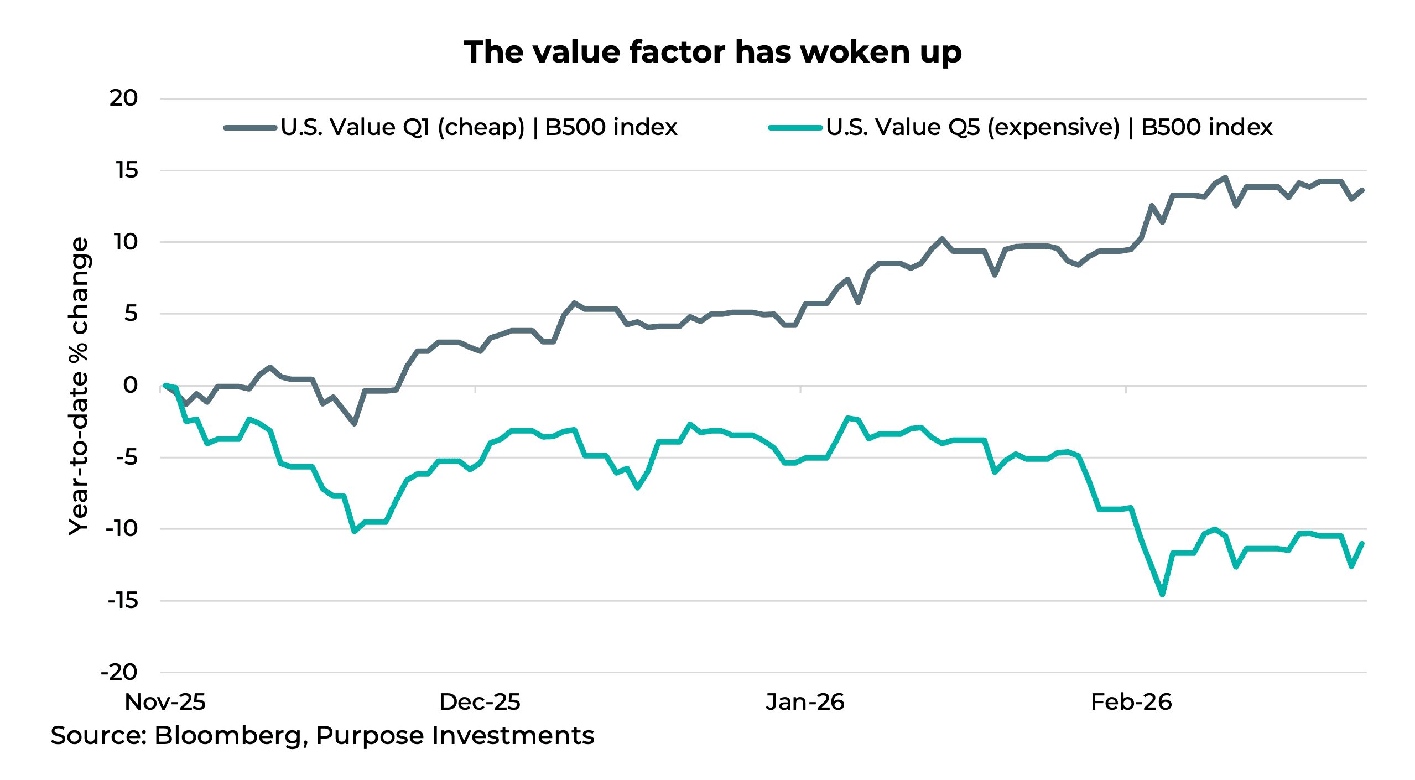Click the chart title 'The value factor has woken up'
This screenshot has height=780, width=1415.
712,53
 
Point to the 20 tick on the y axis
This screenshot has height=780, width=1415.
123,98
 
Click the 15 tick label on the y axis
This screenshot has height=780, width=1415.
127,170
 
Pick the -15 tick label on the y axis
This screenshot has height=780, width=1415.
122,600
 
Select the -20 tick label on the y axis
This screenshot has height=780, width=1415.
118,672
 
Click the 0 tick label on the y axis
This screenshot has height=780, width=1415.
131,385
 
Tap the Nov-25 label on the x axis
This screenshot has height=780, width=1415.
165,702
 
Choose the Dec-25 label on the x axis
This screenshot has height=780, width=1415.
479,702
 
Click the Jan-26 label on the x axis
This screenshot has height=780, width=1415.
805,702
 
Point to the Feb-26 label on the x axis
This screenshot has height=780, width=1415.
1131,702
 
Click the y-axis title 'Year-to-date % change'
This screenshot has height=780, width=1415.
79,386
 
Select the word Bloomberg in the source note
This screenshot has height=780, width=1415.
228,736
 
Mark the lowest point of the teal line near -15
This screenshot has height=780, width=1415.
1162,595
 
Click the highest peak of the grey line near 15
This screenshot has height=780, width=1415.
1226,178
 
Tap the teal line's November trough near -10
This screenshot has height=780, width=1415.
355,532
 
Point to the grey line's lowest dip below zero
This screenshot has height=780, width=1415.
355,424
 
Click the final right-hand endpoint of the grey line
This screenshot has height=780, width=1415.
1362,190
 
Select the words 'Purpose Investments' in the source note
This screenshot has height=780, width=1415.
455,736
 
